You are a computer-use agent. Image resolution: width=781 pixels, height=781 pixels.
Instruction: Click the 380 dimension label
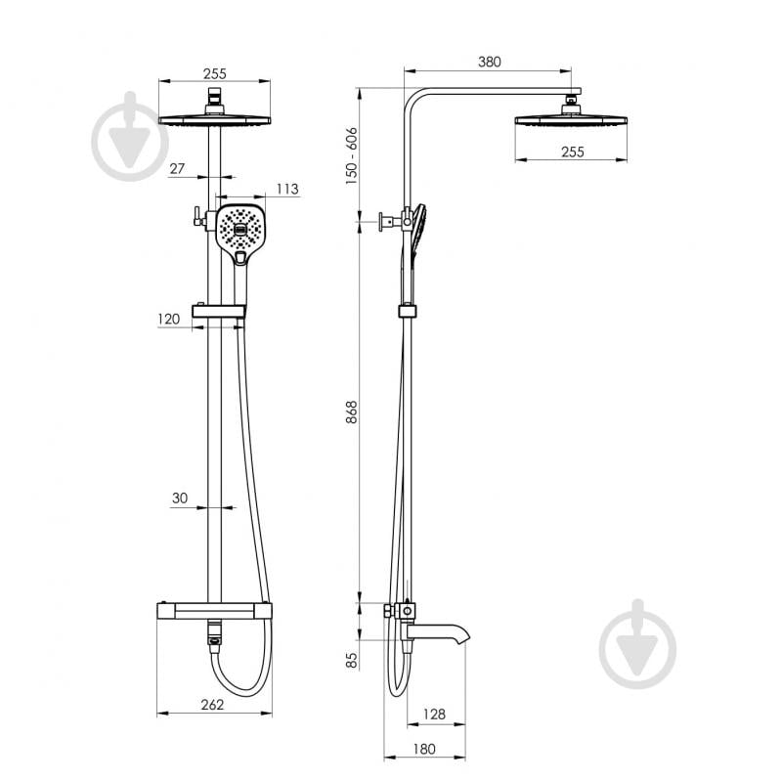point(489,62)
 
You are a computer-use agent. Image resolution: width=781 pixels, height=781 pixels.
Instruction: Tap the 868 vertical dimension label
point(352,412)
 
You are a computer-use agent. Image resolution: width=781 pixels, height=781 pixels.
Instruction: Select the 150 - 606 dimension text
point(352,155)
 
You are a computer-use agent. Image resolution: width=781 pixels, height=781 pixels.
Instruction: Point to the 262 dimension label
point(212,705)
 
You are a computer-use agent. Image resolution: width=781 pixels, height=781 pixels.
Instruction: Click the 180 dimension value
point(424,749)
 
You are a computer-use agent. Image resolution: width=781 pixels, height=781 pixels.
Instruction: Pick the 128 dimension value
point(434,714)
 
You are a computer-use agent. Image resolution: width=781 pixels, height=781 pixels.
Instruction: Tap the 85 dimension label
point(352,661)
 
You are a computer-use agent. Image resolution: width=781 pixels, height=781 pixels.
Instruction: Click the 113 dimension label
point(287,189)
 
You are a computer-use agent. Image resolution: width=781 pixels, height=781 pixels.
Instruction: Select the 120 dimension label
point(168,319)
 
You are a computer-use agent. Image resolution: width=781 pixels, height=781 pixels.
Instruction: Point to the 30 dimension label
point(180,498)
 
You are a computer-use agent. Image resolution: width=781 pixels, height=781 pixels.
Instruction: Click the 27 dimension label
point(177,169)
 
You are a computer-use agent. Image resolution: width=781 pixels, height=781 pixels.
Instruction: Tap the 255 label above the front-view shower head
point(215,73)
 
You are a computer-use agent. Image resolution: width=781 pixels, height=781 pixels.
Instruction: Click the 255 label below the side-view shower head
point(572,152)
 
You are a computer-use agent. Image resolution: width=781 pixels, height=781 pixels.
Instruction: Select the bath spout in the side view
point(437,633)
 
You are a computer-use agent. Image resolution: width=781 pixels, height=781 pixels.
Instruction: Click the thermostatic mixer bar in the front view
point(215,610)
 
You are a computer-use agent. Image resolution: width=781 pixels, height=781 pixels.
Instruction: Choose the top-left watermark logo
point(131,136)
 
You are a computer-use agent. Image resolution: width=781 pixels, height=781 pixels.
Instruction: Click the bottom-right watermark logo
point(637,644)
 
